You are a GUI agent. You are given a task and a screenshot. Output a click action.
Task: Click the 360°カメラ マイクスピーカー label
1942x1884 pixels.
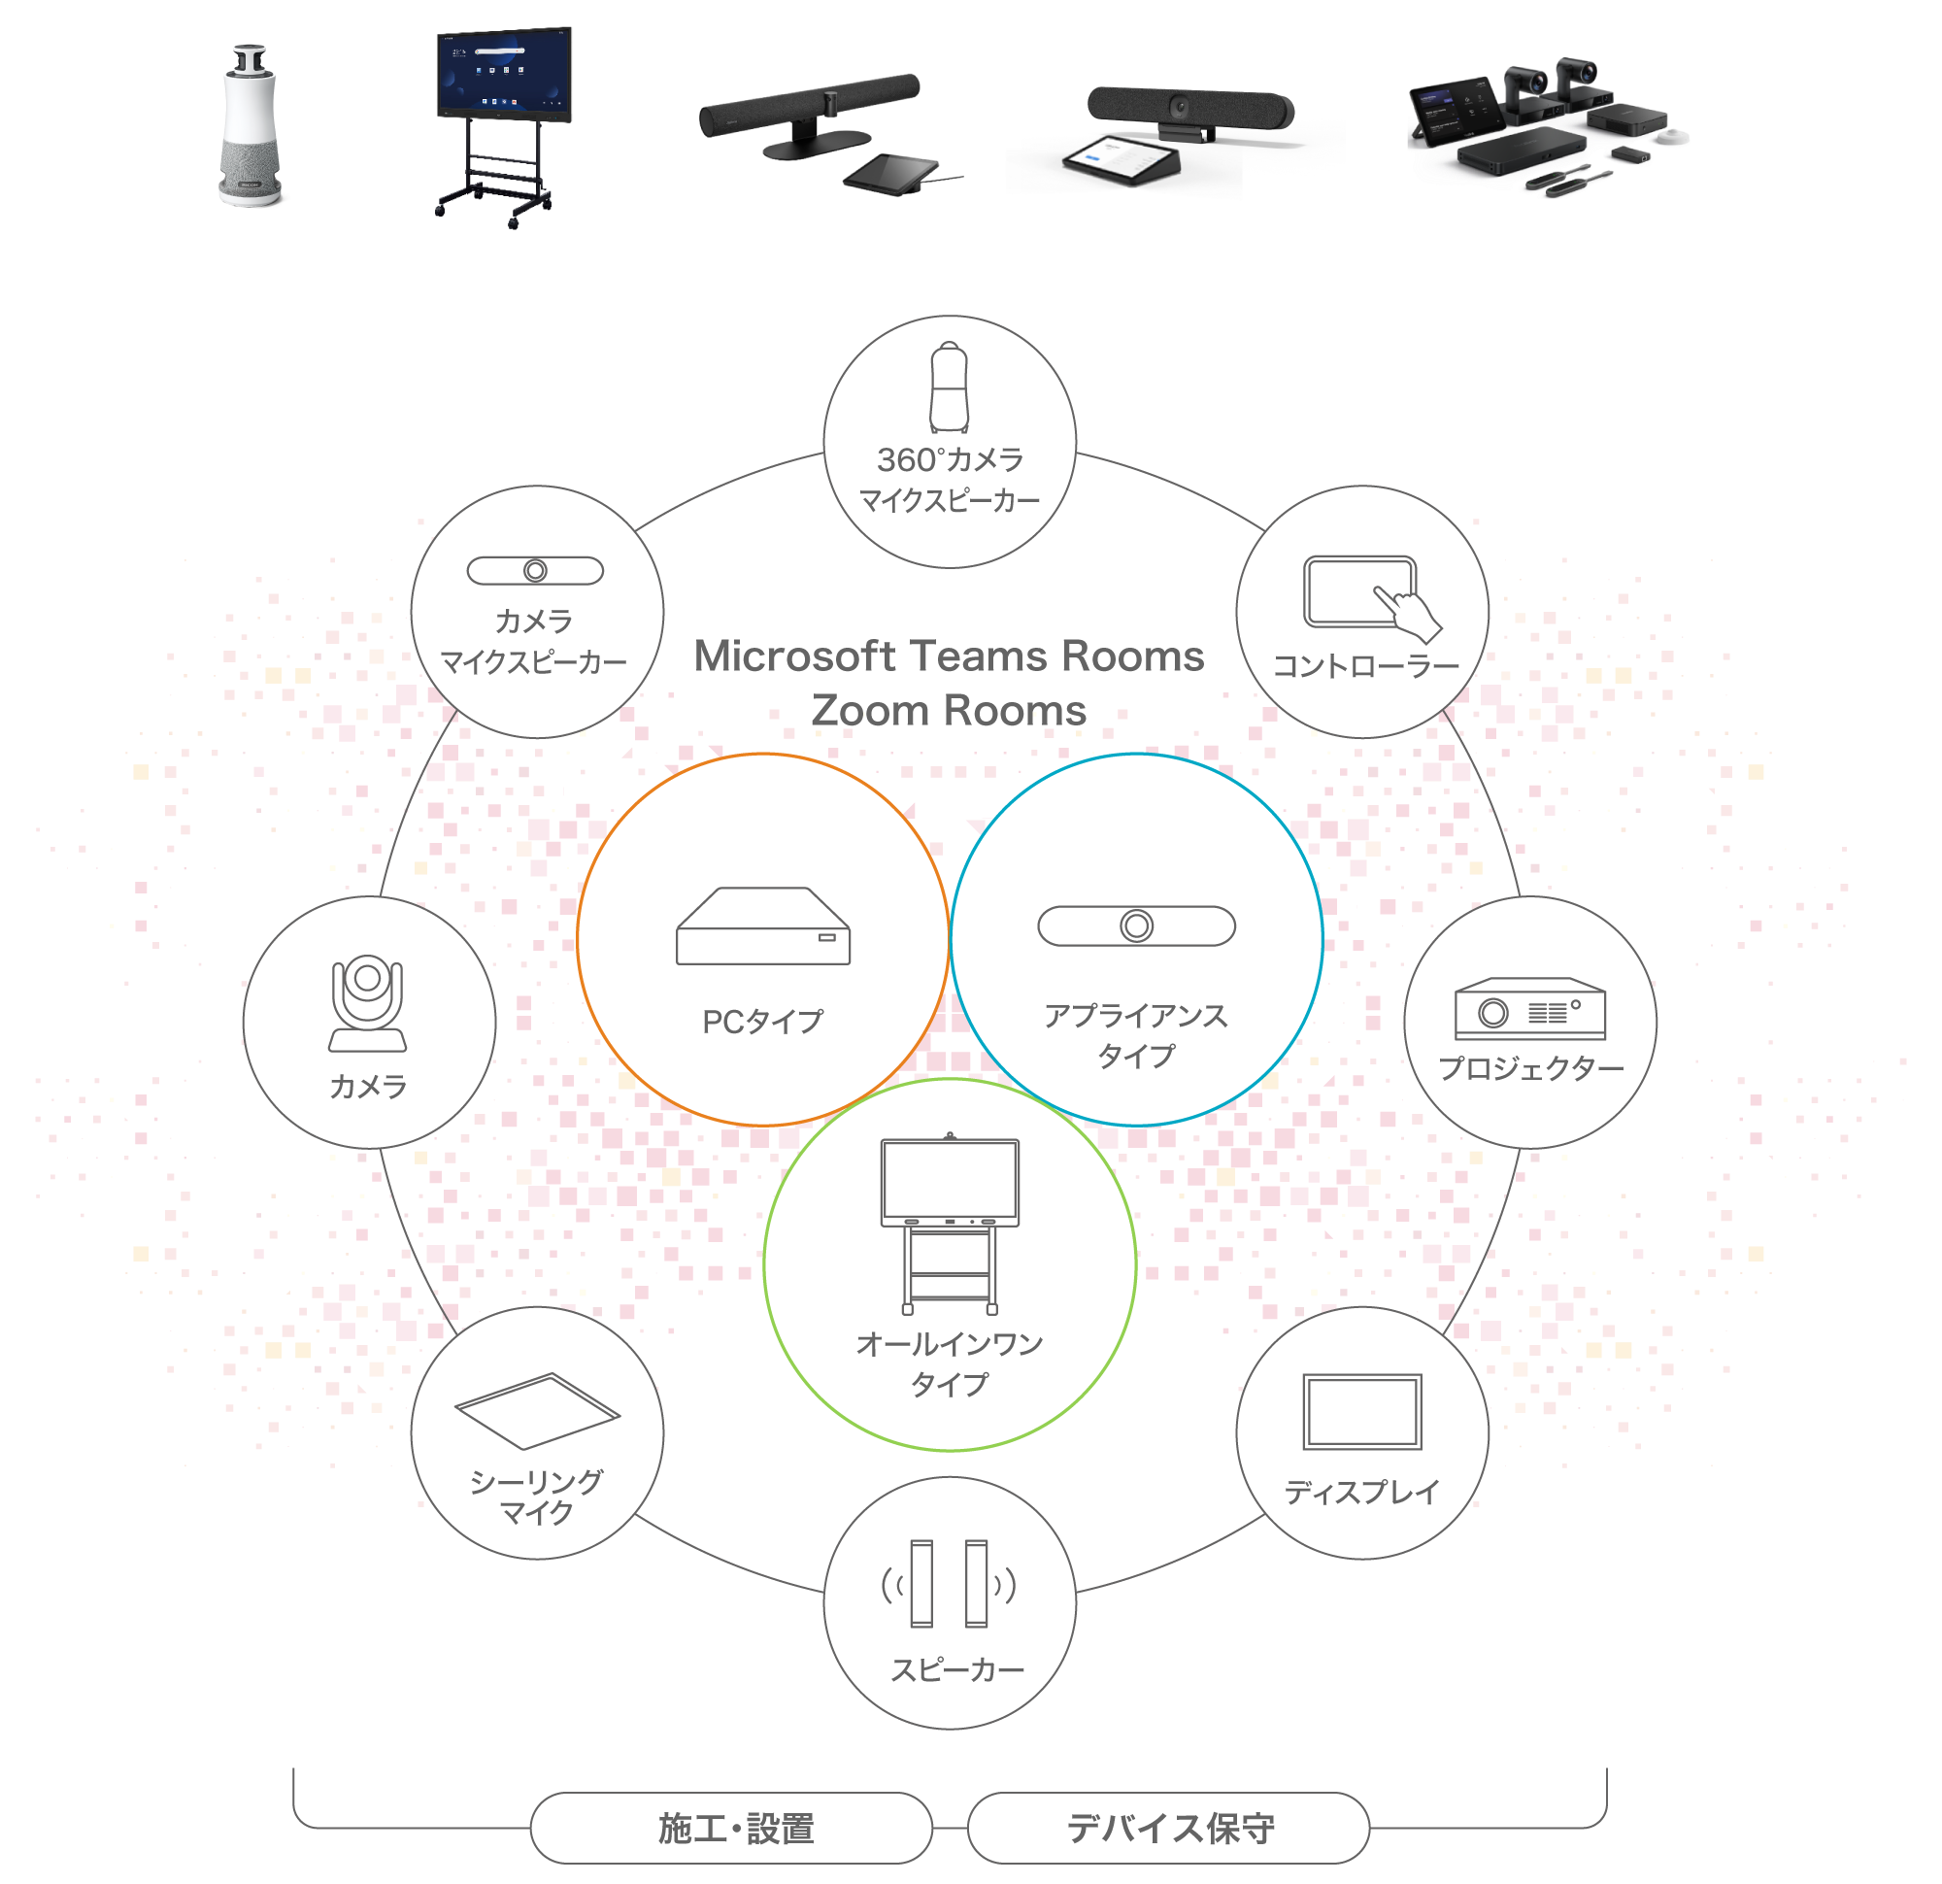950,480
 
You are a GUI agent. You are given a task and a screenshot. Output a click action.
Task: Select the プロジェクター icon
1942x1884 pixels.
1530,1009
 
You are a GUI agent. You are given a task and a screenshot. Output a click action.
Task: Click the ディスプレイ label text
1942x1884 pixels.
1361,1492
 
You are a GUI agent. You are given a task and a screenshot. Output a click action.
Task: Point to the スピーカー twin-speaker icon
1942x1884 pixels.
950,1584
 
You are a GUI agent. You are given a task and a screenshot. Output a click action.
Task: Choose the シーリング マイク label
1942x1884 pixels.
536,1497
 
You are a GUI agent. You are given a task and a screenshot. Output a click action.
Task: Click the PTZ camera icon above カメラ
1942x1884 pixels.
368,1003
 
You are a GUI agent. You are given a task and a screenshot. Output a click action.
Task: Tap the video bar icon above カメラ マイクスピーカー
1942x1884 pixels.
535,571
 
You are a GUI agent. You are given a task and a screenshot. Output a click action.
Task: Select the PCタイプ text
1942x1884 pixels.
762,1022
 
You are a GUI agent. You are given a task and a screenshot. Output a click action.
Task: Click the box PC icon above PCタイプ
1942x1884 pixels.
763,926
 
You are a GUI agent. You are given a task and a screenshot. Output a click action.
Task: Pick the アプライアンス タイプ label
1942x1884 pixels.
1135,1035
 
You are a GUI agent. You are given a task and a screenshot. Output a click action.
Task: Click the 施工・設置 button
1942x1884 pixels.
731,1828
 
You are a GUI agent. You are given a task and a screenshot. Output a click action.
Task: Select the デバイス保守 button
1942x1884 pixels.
1168,1828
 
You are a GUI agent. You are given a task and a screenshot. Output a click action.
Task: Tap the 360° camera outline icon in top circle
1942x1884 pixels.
949,388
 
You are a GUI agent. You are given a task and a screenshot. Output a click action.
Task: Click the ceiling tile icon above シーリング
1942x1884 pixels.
537,1410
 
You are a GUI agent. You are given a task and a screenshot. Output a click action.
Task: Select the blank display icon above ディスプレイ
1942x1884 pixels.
1362,1411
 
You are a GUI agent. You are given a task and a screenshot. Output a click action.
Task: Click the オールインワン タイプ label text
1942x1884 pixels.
950,1363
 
